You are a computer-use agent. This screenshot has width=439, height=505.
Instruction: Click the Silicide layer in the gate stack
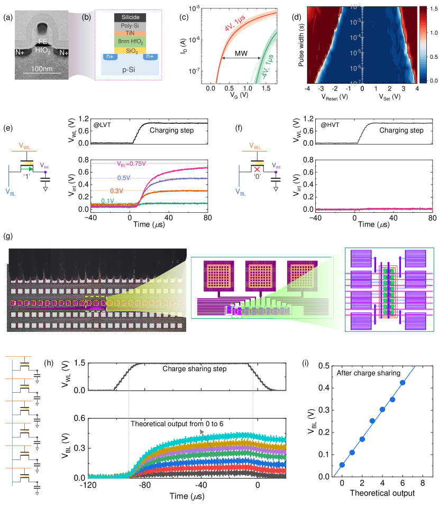pyautogui.click(x=130, y=17)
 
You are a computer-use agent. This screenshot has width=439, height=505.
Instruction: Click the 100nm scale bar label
pyautogui.click(x=42, y=69)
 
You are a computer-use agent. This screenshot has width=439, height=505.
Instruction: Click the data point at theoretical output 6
pyautogui.click(x=403, y=382)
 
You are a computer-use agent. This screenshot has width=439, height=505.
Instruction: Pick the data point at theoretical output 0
pyautogui.click(x=342, y=465)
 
